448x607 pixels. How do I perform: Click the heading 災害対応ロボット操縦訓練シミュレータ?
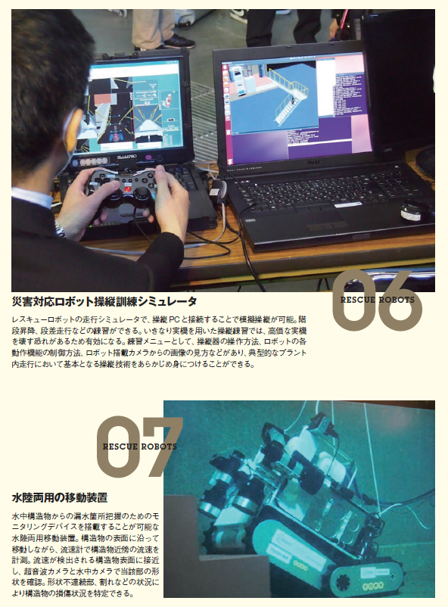pyautogui.click(x=104, y=301)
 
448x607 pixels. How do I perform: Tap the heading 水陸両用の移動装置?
pyautogui.click(x=60, y=498)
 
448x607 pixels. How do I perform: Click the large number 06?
pyautogui.click(x=377, y=300)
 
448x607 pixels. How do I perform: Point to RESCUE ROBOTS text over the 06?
pyautogui.click(x=378, y=300)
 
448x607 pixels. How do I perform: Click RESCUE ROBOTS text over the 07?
pyautogui.click(x=140, y=447)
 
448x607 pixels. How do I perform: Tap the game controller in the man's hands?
pyautogui.click(x=121, y=190)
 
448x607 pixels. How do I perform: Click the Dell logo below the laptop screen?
pyautogui.click(x=313, y=163)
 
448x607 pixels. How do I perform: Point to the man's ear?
pyautogui.click(x=73, y=129)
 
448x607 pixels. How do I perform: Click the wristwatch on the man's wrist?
pyautogui.click(x=60, y=229)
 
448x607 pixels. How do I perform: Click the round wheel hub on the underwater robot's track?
pyautogui.click(x=344, y=581)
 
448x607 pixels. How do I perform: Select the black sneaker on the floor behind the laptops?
pyautogui.click(x=179, y=42)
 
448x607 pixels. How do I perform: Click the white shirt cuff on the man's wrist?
pyautogui.click(x=32, y=196)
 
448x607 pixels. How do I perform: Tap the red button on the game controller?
pyautogui.click(x=127, y=189)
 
